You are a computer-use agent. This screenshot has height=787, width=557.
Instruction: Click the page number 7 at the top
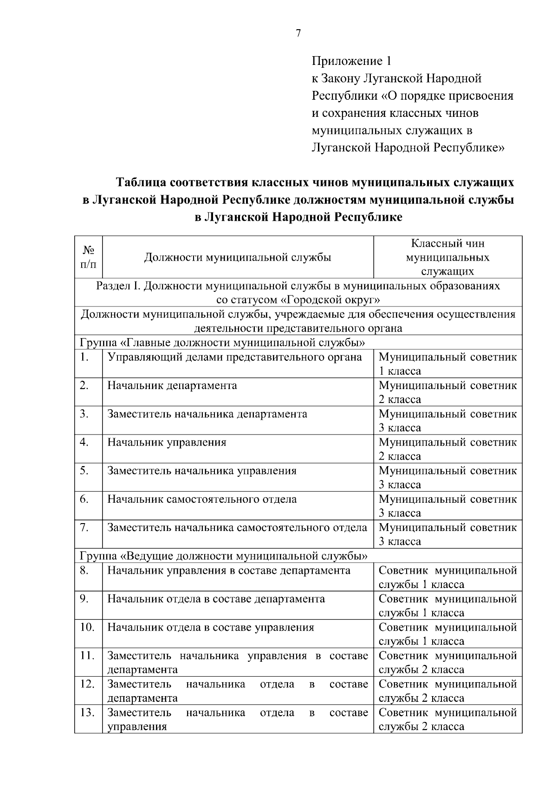298,33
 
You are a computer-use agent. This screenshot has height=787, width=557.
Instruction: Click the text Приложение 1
352,61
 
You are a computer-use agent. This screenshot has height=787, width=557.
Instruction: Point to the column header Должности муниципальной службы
238,257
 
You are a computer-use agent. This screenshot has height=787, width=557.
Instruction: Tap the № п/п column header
88,257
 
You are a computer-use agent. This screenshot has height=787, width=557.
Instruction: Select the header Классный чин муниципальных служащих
447,257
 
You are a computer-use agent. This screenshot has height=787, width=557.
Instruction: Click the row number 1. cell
84,357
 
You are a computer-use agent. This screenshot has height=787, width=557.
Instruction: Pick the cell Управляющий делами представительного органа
234,357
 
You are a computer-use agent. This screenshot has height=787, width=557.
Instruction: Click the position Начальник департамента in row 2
172,385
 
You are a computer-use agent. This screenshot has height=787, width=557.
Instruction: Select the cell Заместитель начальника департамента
207,414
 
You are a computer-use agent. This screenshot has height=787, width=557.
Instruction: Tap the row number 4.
84,442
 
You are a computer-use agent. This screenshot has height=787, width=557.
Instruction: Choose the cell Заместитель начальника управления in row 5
202,471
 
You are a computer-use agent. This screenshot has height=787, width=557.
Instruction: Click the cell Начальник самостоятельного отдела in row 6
202,499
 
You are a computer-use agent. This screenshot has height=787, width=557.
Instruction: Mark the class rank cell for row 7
447,534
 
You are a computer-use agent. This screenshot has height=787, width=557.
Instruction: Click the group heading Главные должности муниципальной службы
222,343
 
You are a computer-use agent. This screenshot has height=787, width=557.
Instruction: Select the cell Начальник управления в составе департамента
229,570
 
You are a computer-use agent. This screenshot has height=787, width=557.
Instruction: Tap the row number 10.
87,627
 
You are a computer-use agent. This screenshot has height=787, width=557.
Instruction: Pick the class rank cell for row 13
447,719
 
